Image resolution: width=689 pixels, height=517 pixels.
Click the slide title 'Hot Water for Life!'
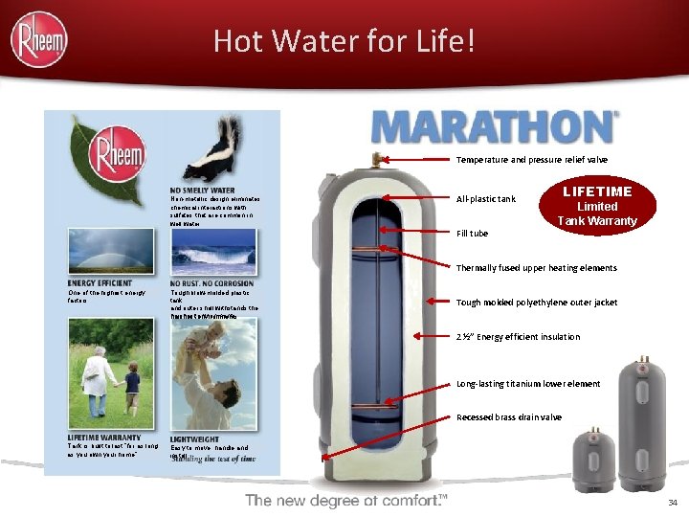[344, 41]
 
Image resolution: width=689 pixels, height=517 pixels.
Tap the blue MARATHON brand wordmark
[494, 127]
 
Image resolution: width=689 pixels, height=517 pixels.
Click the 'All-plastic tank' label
[486, 199]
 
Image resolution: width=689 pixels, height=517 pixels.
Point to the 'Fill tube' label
[473, 233]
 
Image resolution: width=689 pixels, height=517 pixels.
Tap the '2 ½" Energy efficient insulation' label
[518, 336]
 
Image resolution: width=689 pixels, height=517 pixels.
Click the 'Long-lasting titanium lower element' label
[528, 384]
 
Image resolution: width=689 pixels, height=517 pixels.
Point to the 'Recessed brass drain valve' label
[509, 417]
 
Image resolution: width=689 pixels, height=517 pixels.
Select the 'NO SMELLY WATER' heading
[203, 190]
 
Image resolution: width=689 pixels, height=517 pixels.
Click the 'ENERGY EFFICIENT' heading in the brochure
[100, 283]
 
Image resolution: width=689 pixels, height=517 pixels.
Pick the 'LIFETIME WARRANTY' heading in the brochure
[104, 438]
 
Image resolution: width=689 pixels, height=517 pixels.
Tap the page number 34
[672, 503]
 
